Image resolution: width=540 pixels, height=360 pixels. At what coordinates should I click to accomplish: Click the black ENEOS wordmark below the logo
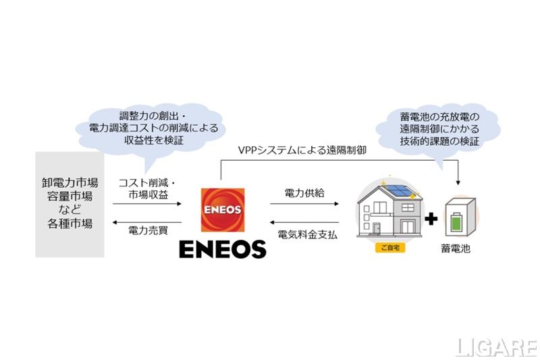(x=223, y=249)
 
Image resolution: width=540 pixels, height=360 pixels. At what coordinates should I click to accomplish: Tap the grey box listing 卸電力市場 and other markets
(x=70, y=203)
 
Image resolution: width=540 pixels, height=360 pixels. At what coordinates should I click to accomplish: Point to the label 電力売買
(x=148, y=230)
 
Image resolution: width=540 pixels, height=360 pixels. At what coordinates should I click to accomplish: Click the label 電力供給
(x=304, y=192)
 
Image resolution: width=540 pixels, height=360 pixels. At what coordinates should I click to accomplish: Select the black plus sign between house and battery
(x=431, y=219)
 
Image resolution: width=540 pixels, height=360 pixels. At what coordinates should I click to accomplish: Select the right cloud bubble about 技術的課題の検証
(x=438, y=130)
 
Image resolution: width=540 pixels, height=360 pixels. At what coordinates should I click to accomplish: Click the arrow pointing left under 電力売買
(x=148, y=220)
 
